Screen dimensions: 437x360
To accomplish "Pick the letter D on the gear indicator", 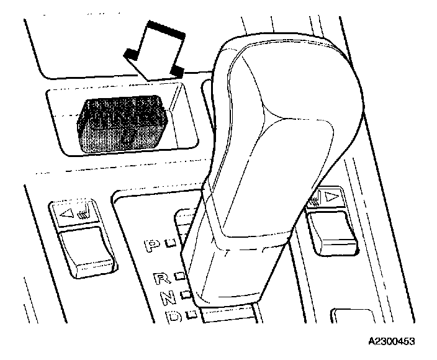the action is pyautogui.click(x=174, y=317).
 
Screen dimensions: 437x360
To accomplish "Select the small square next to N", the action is pyautogui.click(x=184, y=294).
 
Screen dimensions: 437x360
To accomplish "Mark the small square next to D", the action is pyautogui.click(x=192, y=312).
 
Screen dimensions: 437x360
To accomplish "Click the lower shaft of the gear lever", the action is pyautogui.click(x=230, y=273).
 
